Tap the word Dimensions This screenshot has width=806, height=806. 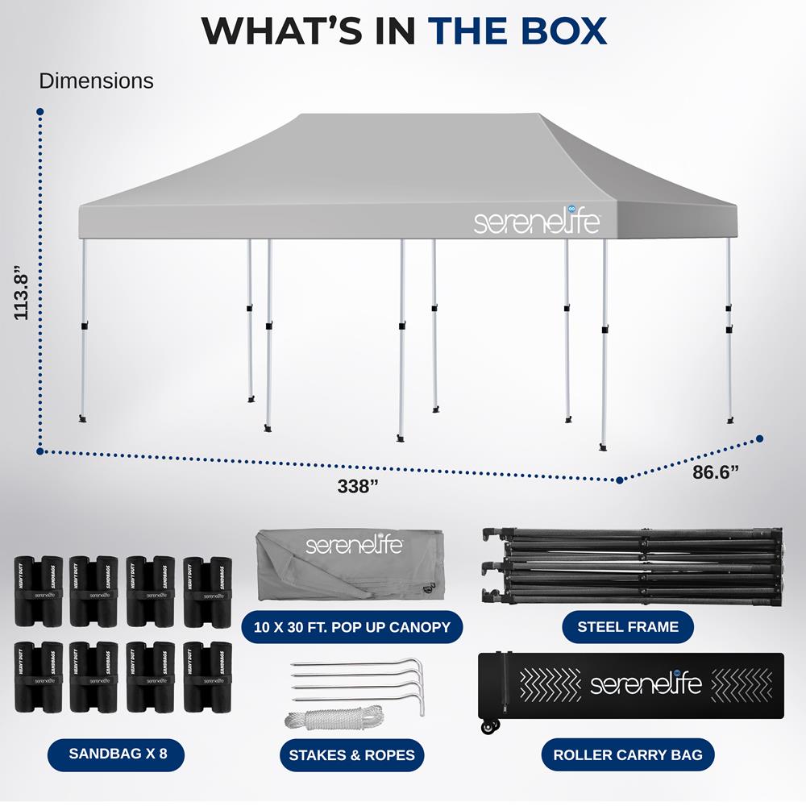(x=96, y=81)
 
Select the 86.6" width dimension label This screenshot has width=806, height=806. (x=717, y=472)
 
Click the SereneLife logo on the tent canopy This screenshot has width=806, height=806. (x=536, y=222)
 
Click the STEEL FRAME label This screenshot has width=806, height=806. (x=628, y=626)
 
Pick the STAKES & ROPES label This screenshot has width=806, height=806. (x=351, y=755)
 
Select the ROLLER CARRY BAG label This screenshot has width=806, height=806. (x=628, y=755)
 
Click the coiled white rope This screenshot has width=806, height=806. (x=334, y=717)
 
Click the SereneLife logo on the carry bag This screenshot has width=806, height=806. (x=646, y=684)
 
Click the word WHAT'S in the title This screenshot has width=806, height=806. (x=307, y=30)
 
